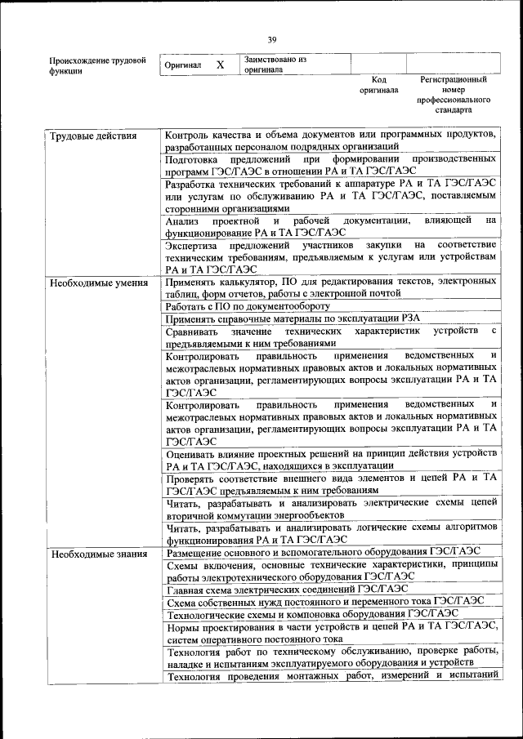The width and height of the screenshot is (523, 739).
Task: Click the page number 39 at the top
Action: tap(272, 38)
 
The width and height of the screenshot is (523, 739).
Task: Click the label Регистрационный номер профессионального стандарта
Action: tap(454, 95)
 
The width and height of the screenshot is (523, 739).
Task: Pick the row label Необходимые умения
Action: tap(98, 283)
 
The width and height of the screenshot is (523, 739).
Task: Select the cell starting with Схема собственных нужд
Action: tap(324, 601)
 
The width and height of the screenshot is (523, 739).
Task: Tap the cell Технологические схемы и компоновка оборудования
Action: tap(311, 614)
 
